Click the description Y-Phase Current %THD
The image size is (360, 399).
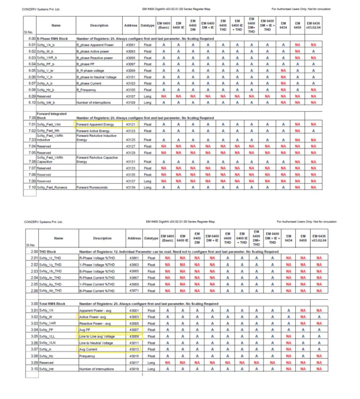click(x=97, y=284)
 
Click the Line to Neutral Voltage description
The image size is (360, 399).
click(x=97, y=343)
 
